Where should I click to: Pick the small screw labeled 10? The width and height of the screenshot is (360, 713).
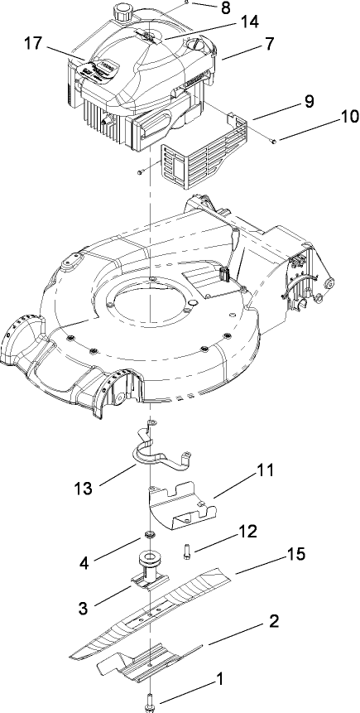(273, 142)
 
